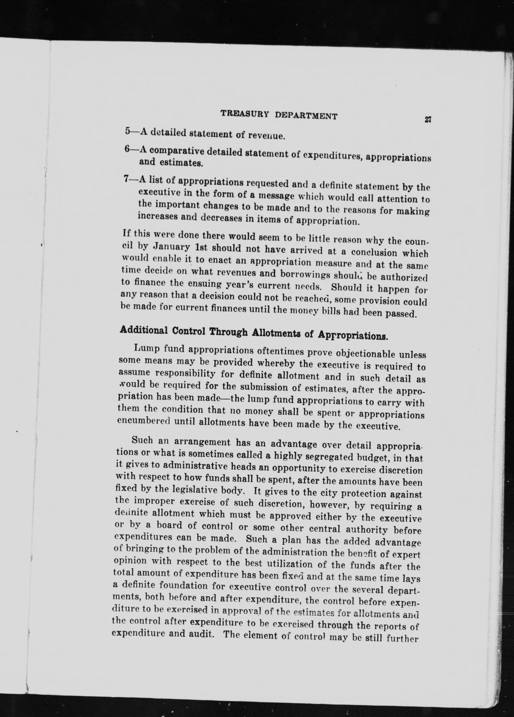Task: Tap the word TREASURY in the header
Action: (244, 114)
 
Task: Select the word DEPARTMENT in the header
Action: (306, 116)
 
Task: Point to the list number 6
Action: (127, 150)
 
